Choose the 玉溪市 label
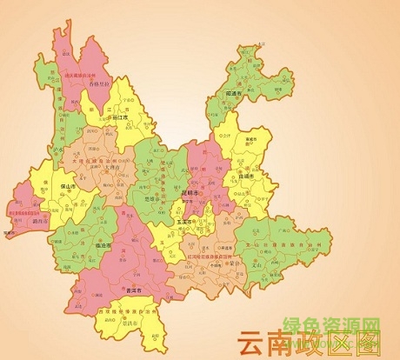coord(183,222)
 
